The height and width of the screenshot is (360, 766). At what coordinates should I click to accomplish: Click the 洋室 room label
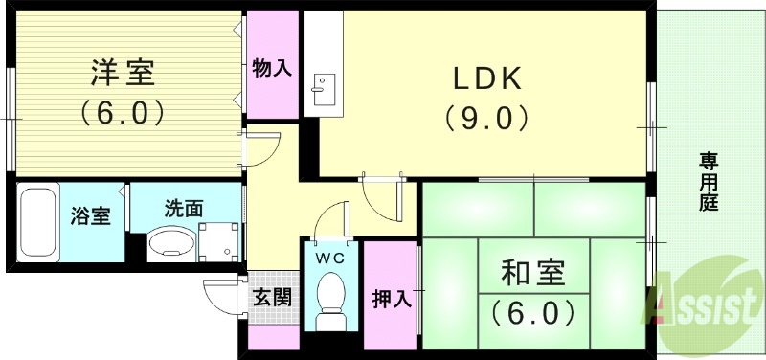(123, 72)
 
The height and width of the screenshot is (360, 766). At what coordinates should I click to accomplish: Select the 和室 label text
(533, 275)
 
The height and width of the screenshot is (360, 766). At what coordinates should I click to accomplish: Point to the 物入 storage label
(272, 67)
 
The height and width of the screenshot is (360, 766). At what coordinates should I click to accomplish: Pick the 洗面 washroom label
(184, 206)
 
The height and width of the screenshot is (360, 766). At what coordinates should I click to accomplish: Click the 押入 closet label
(392, 298)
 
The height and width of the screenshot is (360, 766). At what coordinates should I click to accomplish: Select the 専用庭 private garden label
(709, 181)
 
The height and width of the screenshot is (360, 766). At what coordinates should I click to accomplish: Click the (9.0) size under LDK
(486, 118)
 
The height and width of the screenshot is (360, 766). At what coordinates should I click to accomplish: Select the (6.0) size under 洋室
(123, 112)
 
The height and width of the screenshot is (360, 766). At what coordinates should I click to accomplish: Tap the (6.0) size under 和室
(533, 312)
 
